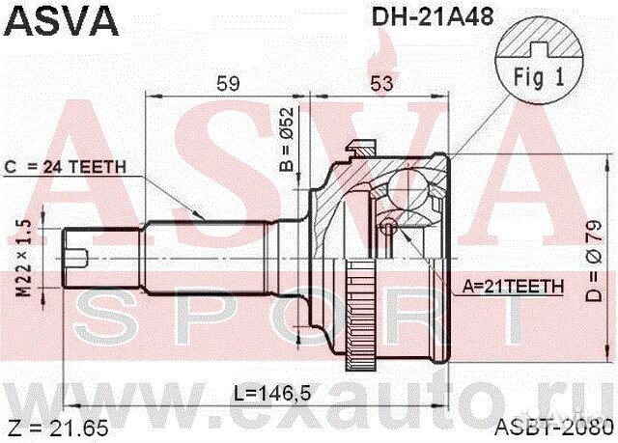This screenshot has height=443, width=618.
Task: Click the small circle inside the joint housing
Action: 388,228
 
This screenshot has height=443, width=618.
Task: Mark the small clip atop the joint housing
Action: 360,150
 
